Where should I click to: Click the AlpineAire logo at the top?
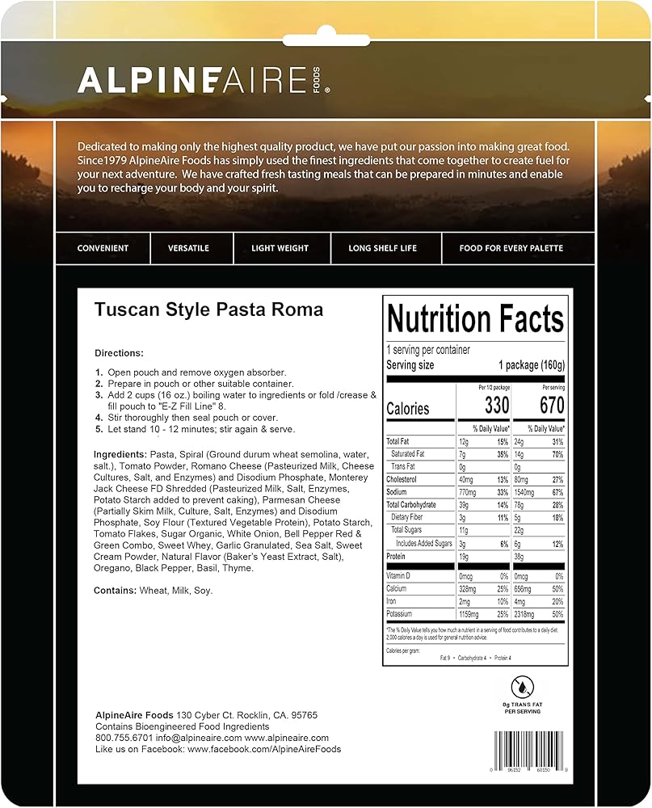click(202, 81)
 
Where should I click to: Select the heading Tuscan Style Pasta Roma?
click(208, 309)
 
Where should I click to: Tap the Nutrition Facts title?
click(475, 319)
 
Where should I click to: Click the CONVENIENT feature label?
click(103, 248)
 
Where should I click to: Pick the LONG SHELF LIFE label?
click(383, 248)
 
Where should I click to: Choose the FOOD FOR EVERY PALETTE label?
click(511, 248)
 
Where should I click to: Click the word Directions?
click(119, 353)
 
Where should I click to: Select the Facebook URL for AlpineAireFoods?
click(264, 749)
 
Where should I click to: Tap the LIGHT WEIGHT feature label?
click(280, 248)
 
